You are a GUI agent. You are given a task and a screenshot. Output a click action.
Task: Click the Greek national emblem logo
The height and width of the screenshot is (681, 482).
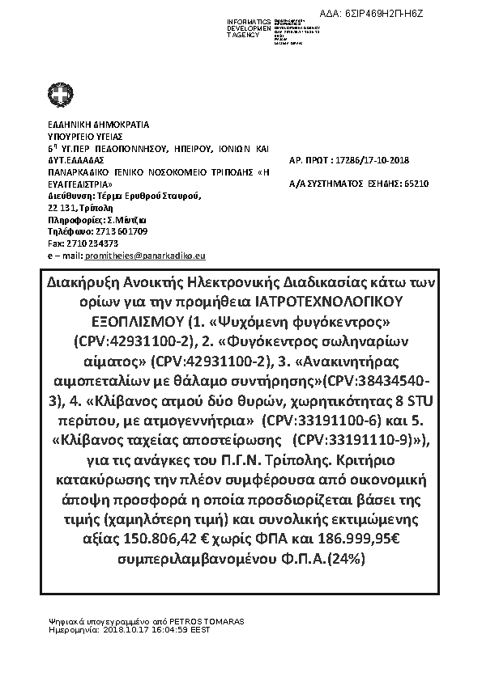(x=59, y=97)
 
